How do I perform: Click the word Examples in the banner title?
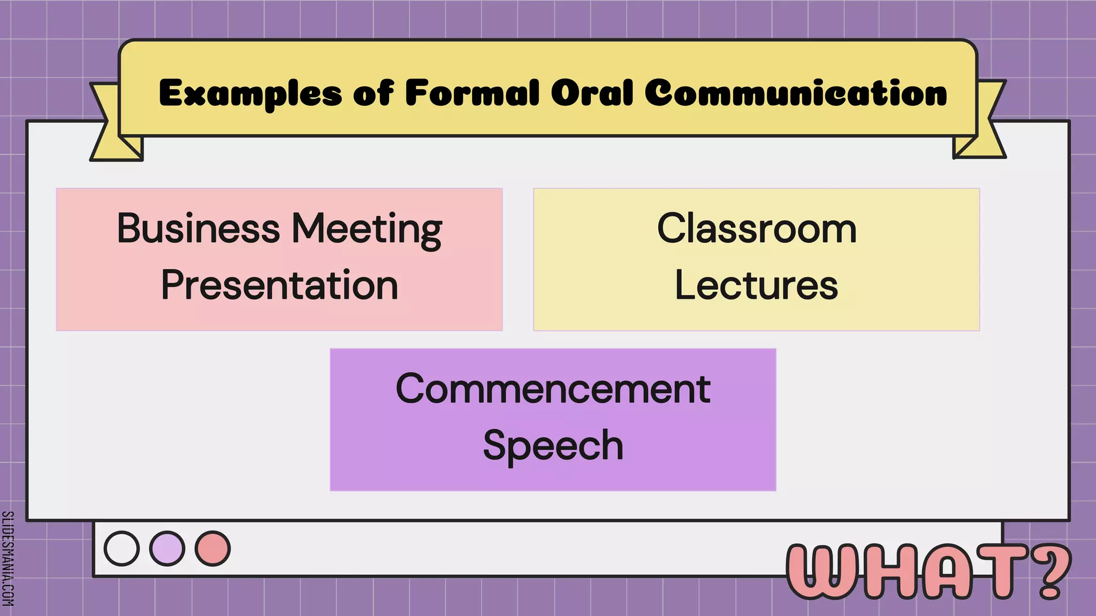[250, 94]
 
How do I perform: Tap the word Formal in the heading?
[472, 93]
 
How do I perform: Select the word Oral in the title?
[592, 93]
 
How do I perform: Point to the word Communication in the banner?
[796, 93]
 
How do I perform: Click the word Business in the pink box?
[198, 228]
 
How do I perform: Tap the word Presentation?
[279, 285]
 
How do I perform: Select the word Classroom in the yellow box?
[757, 228]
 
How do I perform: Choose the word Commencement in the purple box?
[553, 389]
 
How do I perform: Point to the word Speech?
[553, 445]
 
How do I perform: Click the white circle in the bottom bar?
[121, 549]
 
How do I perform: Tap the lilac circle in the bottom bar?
[167, 549]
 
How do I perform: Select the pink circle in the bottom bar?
[212, 549]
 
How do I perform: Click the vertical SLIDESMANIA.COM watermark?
[7, 558]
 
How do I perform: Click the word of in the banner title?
[373, 93]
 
